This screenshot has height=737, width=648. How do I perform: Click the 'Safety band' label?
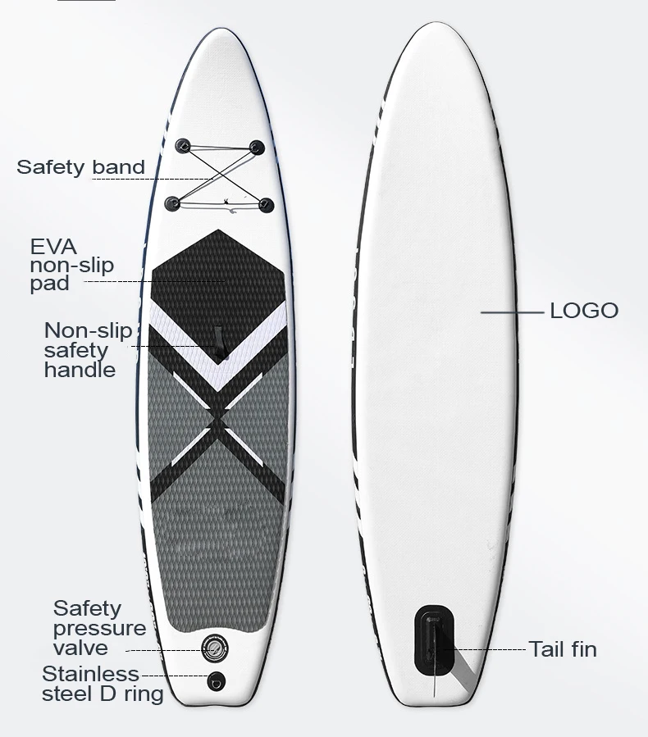click(x=80, y=167)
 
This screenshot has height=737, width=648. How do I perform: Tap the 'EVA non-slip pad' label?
click(x=71, y=265)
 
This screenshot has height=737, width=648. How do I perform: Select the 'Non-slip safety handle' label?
click(x=88, y=350)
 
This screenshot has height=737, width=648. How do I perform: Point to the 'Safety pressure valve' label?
click(x=99, y=628)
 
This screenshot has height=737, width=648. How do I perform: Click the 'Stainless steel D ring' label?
click(x=102, y=684)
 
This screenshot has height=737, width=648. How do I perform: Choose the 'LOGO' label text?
click(x=583, y=311)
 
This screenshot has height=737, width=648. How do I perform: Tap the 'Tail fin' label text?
click(x=563, y=649)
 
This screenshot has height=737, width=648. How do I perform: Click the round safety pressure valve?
click(x=216, y=647)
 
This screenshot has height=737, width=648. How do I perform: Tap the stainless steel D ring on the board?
click(x=217, y=679)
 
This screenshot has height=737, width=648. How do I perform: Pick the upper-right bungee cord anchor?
click(x=258, y=148)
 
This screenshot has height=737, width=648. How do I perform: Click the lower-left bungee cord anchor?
click(x=173, y=202)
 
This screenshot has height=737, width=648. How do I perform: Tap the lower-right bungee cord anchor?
click(x=267, y=202)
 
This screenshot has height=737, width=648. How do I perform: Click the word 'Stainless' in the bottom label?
click(x=90, y=674)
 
